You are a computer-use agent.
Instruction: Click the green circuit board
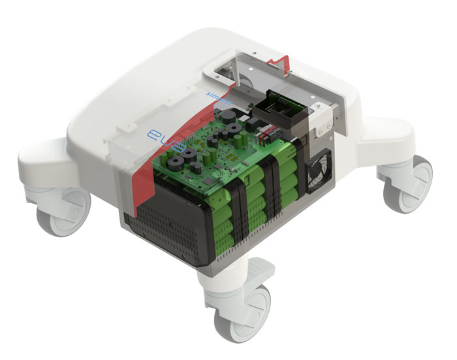209,157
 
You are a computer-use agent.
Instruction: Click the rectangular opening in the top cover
251,69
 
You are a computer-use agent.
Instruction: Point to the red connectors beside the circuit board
270,134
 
